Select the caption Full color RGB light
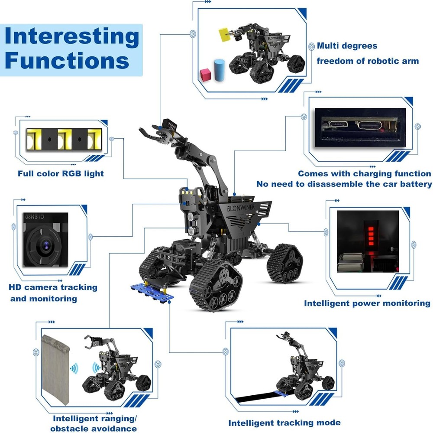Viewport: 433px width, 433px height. pos(61,174)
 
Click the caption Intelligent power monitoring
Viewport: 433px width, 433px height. pos(367,303)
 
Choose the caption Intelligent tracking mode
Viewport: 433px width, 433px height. pos(284,423)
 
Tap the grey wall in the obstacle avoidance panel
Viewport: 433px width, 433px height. pos(55,368)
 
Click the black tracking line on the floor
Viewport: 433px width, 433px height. pos(255,396)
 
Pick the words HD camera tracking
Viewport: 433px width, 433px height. pos(53,287)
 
